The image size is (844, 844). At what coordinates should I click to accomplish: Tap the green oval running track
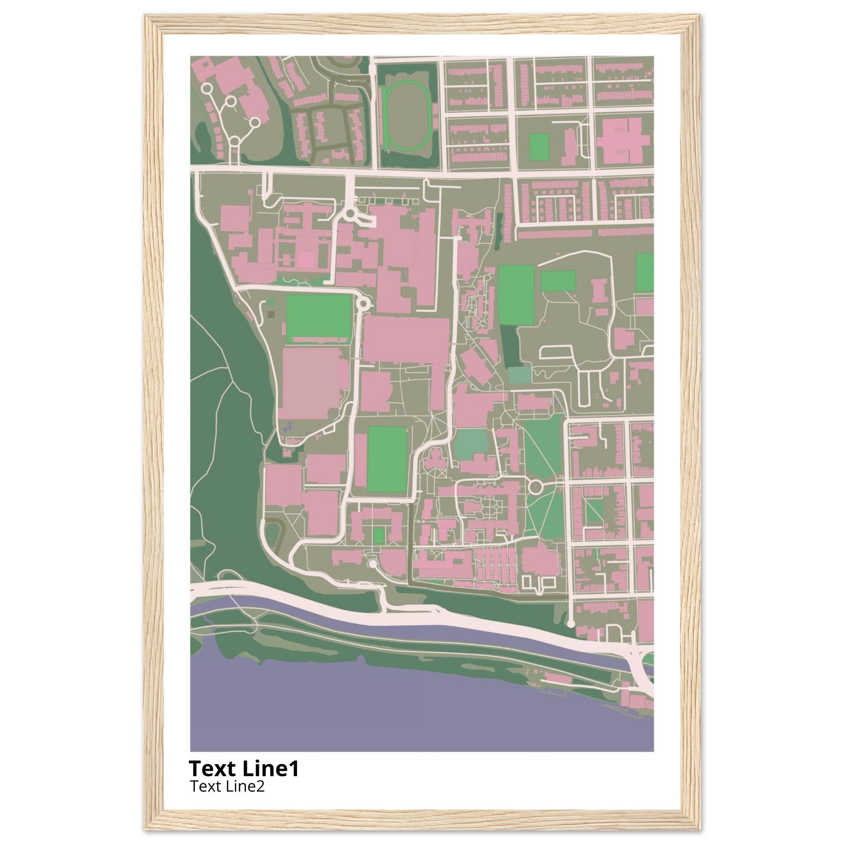(x=406, y=116)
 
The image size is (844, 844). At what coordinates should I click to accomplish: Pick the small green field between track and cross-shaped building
(x=539, y=147)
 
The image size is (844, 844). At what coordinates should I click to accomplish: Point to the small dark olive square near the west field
(x=271, y=314)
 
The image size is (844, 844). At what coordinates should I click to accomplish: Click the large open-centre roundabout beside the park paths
(x=535, y=486)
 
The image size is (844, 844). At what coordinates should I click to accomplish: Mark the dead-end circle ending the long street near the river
(x=570, y=624)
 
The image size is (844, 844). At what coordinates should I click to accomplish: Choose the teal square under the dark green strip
(x=519, y=374)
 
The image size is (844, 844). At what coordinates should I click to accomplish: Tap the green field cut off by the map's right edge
(x=645, y=272)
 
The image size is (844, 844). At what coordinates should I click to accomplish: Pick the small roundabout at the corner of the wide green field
(x=363, y=303)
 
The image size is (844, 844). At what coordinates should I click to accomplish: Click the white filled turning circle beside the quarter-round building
(x=372, y=565)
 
